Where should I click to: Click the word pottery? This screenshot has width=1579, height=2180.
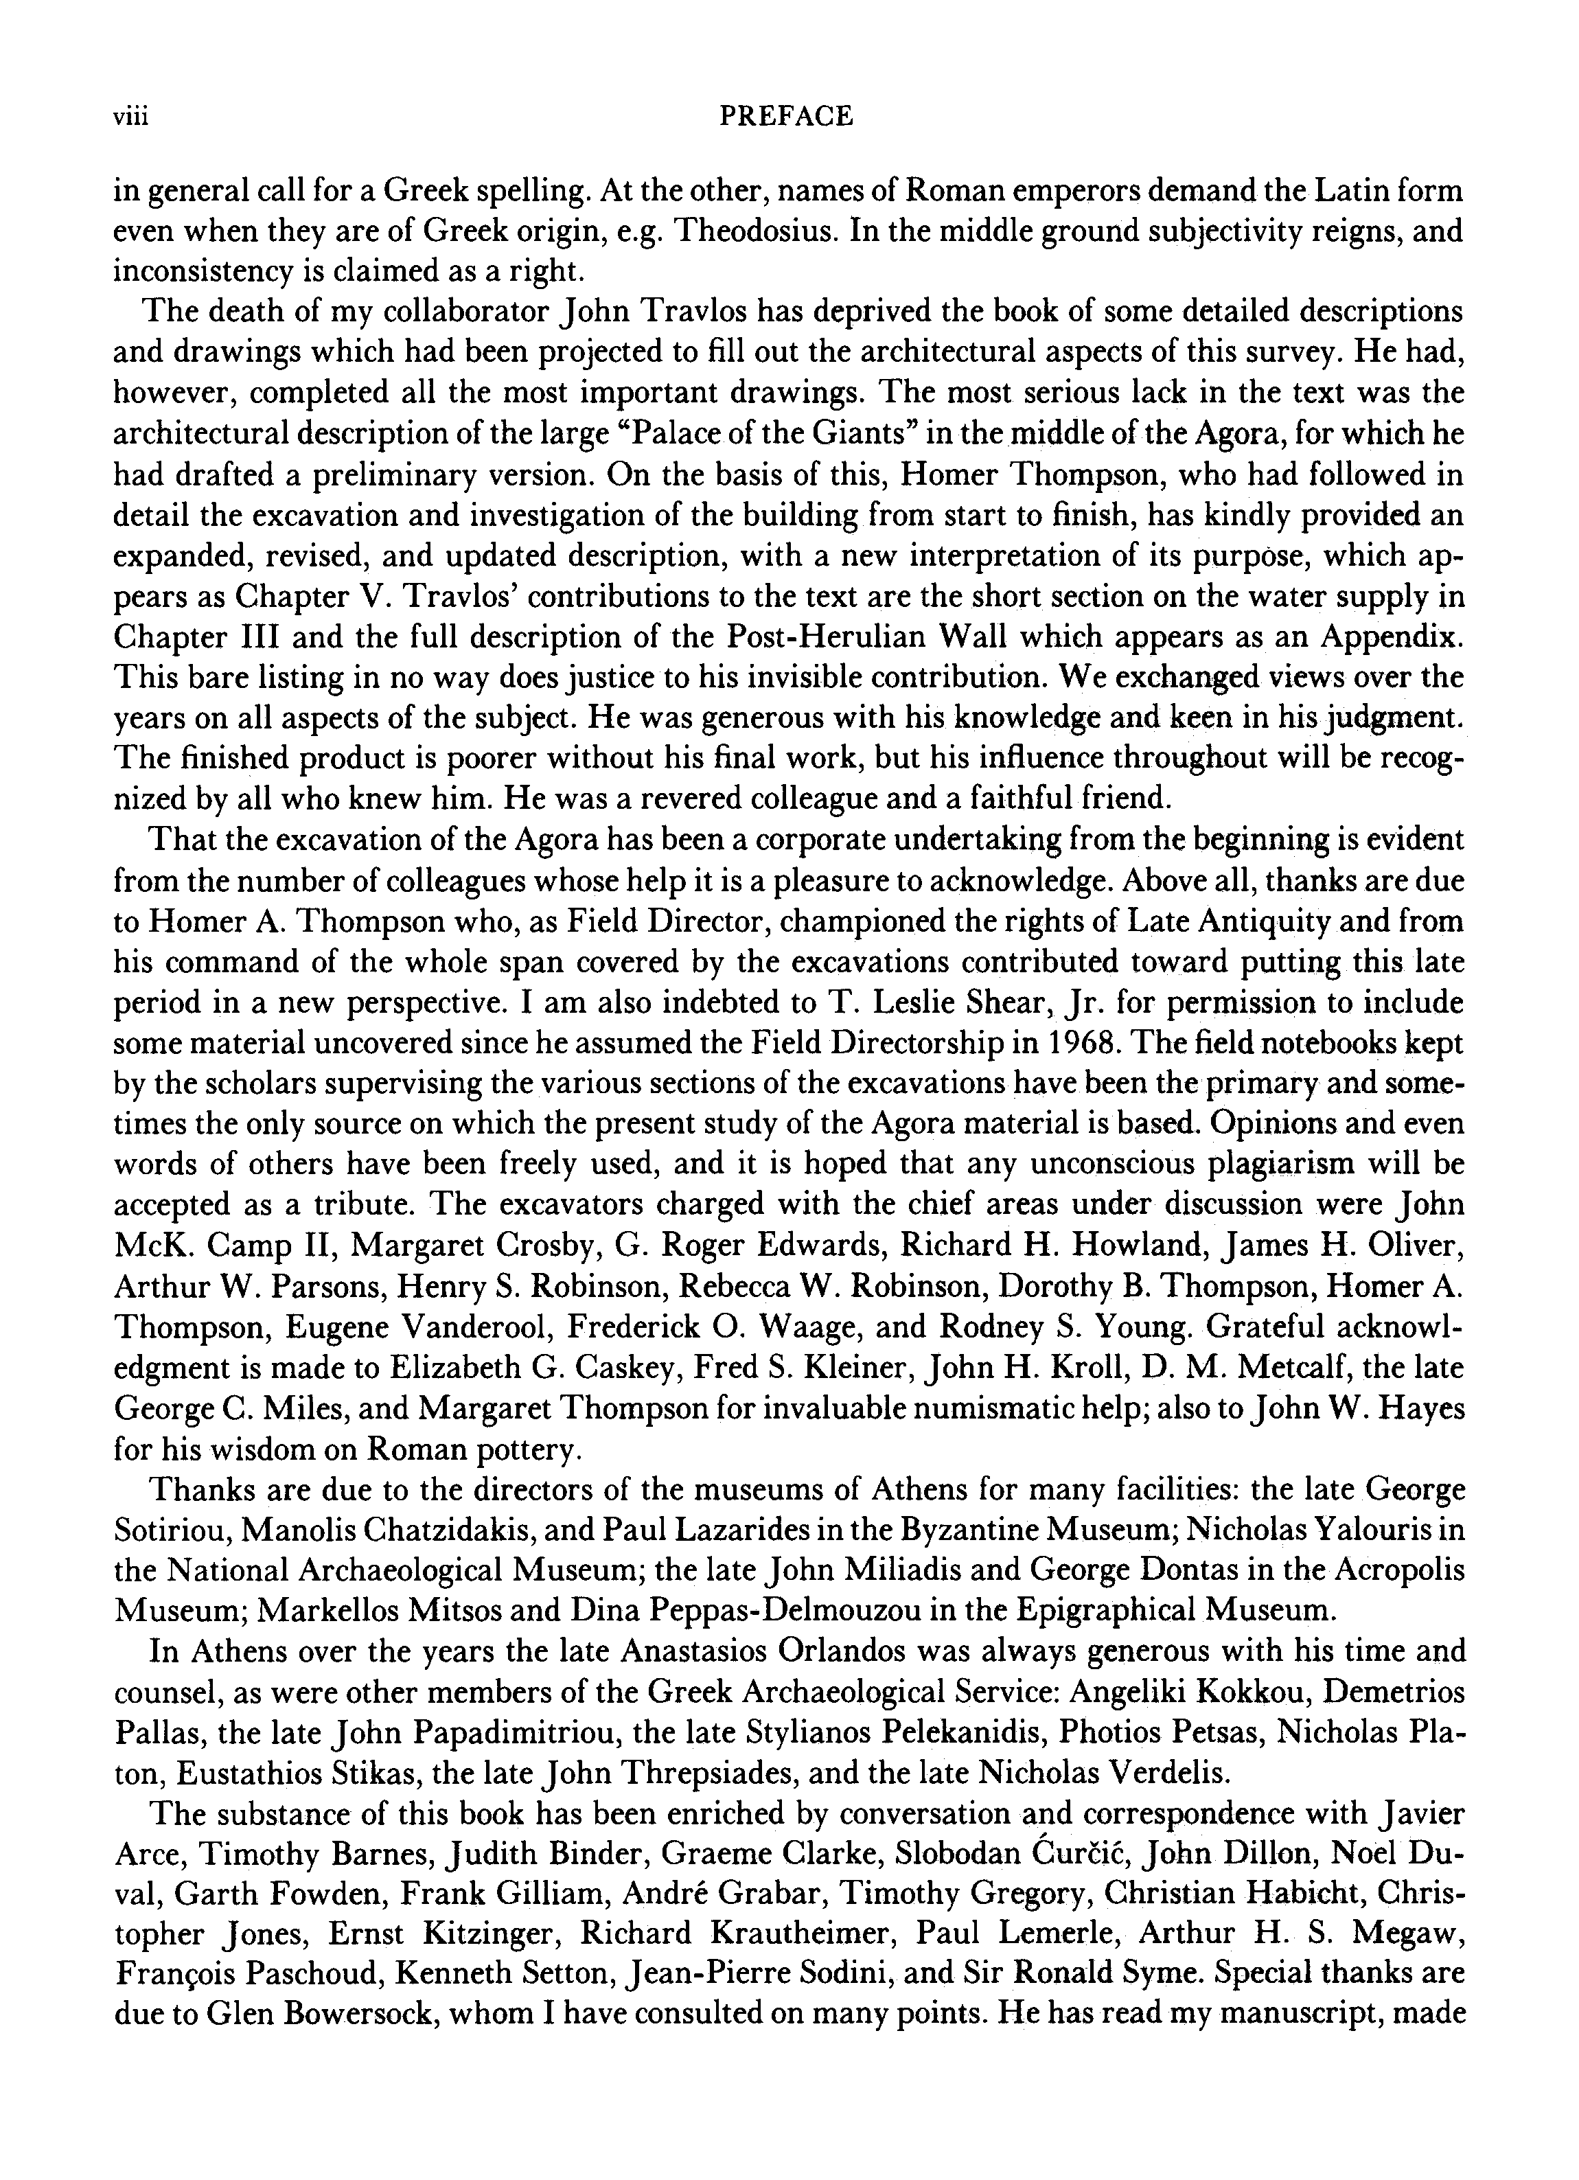tap(527, 1449)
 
